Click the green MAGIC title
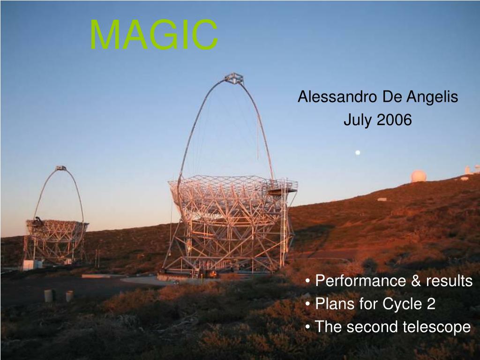(x=154, y=34)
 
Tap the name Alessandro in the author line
(x=337, y=97)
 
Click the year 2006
(x=394, y=120)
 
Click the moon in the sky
(x=358, y=152)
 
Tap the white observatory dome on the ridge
(x=419, y=176)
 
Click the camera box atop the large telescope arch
(x=234, y=78)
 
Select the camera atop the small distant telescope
(x=61, y=168)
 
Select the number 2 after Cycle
(x=430, y=304)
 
